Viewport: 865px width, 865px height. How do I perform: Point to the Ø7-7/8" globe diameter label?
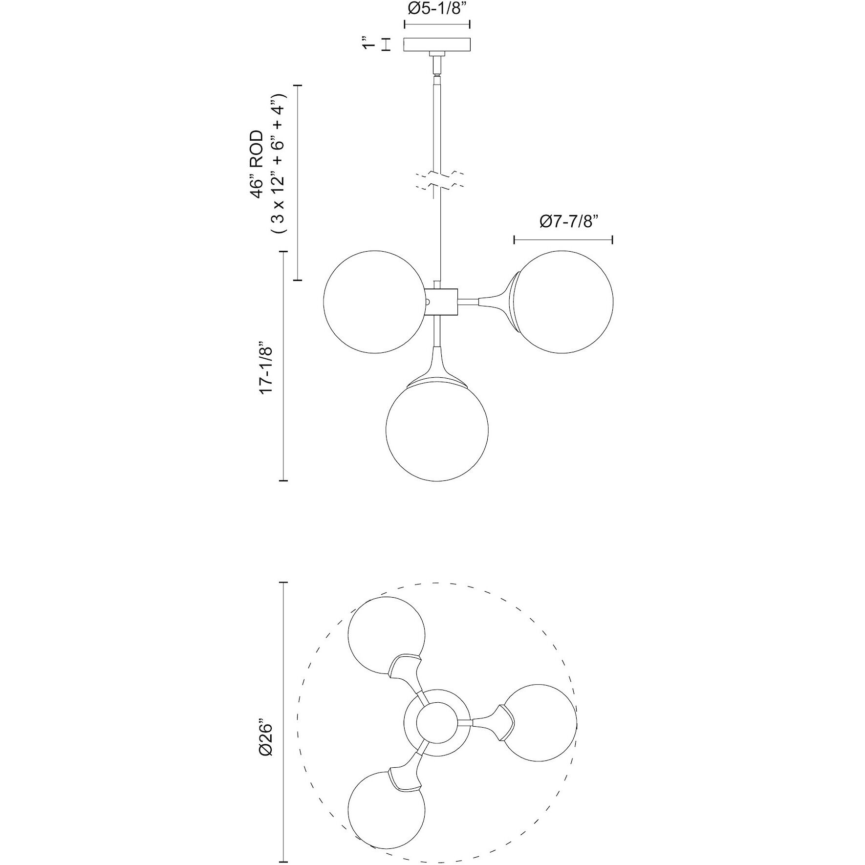569,221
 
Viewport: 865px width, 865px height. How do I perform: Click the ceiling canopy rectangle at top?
437,44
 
